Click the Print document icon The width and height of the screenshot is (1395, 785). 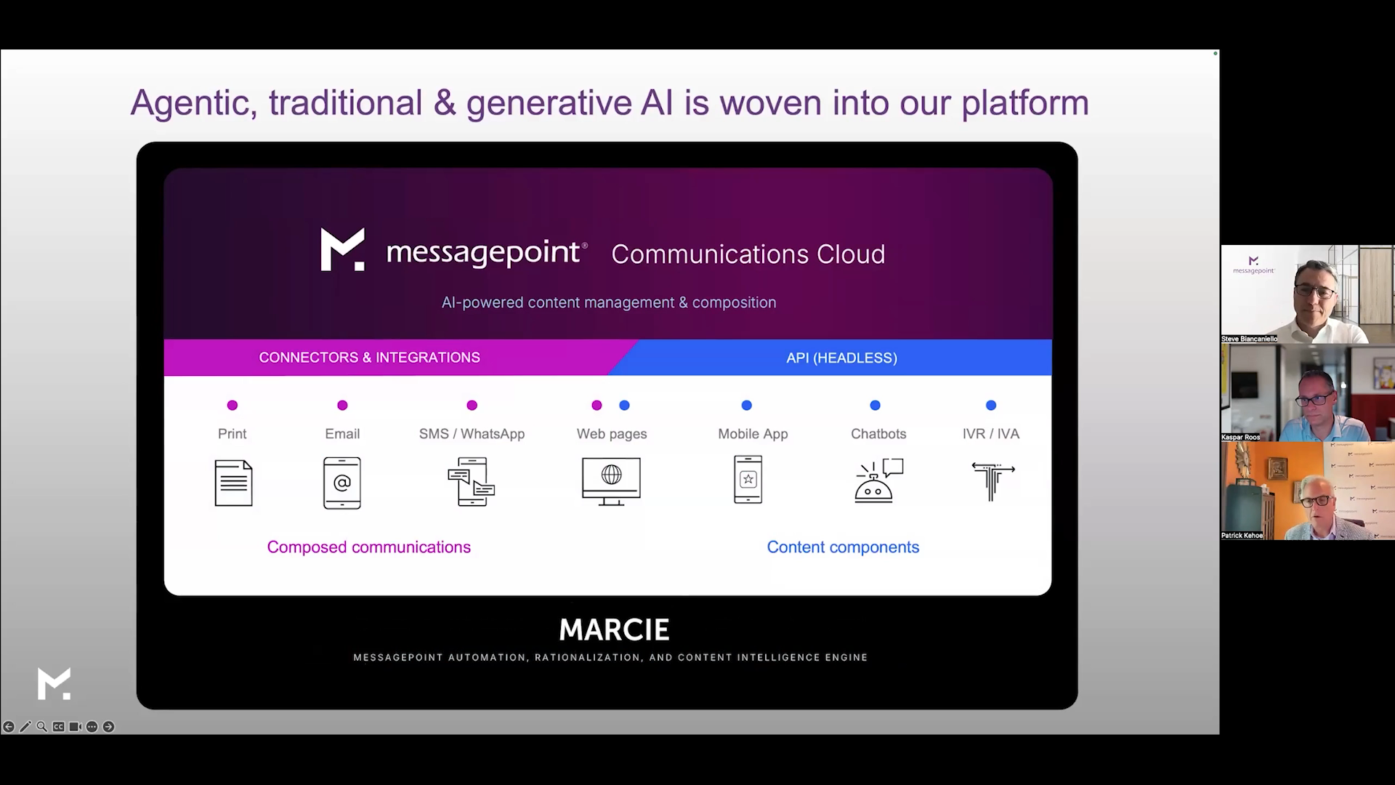233,483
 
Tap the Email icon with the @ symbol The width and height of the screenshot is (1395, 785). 342,483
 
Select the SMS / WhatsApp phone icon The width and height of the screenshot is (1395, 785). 472,481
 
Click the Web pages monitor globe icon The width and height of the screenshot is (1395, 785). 611,481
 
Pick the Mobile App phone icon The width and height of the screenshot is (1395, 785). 748,480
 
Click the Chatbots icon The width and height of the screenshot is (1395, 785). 878,480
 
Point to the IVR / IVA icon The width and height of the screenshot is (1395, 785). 992,481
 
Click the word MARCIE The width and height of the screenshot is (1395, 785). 615,630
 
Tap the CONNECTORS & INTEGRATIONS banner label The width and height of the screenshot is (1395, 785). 369,358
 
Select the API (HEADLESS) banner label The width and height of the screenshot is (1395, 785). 841,358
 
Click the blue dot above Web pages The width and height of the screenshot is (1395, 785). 624,406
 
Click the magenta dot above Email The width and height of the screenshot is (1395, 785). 342,406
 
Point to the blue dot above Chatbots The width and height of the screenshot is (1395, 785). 875,406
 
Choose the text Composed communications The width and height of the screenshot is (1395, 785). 368,547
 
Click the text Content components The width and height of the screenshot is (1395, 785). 843,547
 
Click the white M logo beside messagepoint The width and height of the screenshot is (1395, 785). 342,249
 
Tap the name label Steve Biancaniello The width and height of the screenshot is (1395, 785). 1249,339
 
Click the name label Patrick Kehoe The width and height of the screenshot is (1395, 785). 1242,536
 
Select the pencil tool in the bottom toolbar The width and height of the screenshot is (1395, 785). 25,727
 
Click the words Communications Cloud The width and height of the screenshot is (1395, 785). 748,254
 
